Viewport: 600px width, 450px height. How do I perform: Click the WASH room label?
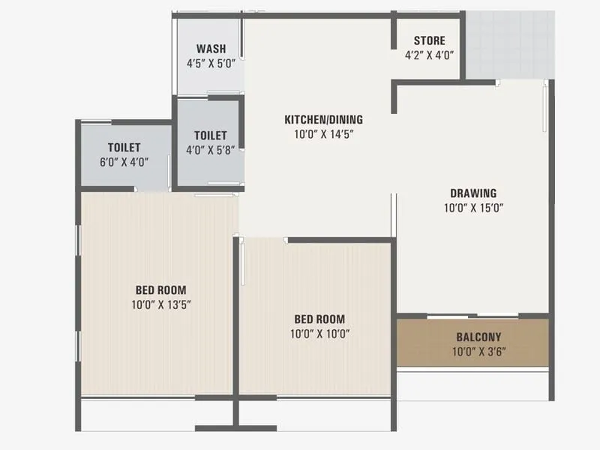click(x=211, y=49)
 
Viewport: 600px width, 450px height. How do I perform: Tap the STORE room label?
click(x=430, y=40)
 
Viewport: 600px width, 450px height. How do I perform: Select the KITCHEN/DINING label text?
click(x=323, y=119)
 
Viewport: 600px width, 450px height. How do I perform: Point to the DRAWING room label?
click(x=473, y=193)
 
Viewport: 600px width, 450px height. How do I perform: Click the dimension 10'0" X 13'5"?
click(x=160, y=304)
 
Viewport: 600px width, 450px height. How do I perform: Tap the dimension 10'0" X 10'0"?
click(x=320, y=333)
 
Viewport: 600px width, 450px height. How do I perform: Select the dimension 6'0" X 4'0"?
click(x=124, y=161)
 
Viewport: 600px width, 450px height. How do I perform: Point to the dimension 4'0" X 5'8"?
click(x=210, y=149)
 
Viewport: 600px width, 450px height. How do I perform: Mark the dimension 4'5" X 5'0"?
click(x=211, y=64)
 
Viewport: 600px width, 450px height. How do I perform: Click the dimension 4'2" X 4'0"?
click(x=430, y=55)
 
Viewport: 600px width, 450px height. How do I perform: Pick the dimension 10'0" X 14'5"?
click(x=323, y=134)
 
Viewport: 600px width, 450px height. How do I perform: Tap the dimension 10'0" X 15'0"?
click(x=473, y=208)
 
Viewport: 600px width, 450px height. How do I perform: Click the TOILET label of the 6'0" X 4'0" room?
click(x=124, y=148)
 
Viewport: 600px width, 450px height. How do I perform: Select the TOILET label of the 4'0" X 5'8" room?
click(x=210, y=135)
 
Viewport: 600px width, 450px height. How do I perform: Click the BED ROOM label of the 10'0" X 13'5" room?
click(x=160, y=290)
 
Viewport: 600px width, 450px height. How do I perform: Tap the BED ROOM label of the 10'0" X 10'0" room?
click(x=320, y=319)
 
